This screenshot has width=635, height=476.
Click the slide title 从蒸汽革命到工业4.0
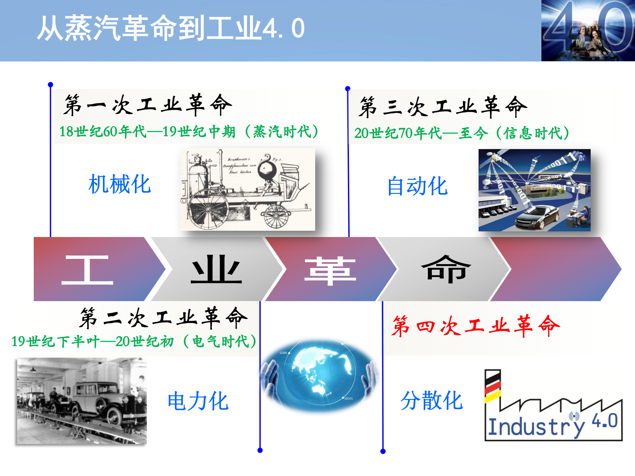(170, 28)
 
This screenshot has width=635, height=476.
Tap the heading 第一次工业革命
(148, 105)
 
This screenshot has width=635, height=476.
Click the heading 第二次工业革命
(163, 318)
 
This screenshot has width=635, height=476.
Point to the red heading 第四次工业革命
(475, 326)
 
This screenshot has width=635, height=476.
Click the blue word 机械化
(120, 184)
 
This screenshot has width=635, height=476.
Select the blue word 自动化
(417, 186)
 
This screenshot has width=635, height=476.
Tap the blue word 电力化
(198, 401)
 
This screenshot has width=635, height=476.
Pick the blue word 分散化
(432, 401)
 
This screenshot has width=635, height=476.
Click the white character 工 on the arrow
(87, 270)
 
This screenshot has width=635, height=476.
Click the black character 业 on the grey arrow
(216, 269)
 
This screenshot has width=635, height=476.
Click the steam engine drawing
(247, 189)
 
